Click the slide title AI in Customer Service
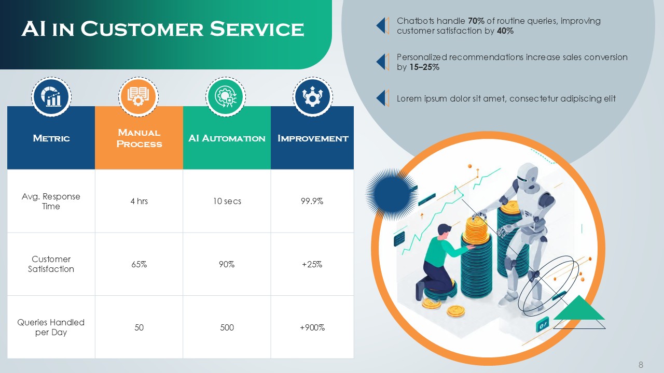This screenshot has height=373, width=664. click(162, 29)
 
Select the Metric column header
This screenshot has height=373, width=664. click(51, 138)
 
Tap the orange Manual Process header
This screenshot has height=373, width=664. click(139, 138)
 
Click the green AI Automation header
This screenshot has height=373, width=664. click(227, 138)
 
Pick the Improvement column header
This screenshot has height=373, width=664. click(312, 138)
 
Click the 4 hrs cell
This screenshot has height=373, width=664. click(139, 201)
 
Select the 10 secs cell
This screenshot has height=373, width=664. click(227, 201)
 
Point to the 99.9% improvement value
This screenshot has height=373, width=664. click(312, 201)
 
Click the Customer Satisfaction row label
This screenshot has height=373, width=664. click(51, 264)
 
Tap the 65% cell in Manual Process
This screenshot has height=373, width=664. click(139, 264)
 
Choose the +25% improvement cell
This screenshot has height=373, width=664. click(312, 264)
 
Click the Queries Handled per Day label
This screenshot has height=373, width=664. click(51, 327)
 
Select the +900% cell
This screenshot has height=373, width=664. click(312, 327)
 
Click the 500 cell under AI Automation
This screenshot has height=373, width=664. click(227, 327)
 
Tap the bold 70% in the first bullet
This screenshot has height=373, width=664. click(476, 21)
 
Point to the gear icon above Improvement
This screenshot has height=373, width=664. click(313, 97)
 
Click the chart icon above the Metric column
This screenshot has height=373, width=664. click(51, 97)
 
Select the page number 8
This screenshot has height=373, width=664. click(641, 365)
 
